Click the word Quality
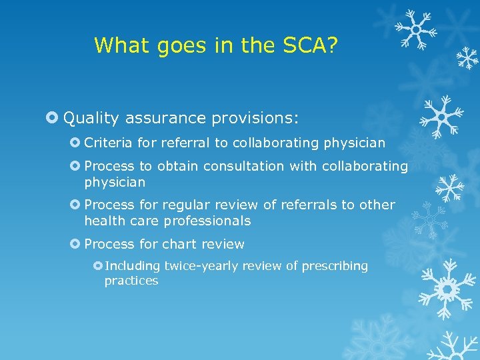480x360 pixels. coord(91,119)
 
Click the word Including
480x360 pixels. coord(133,266)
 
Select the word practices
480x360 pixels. coord(131,281)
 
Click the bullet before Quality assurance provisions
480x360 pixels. coord(53,119)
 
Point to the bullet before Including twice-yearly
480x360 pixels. coord(97,266)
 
